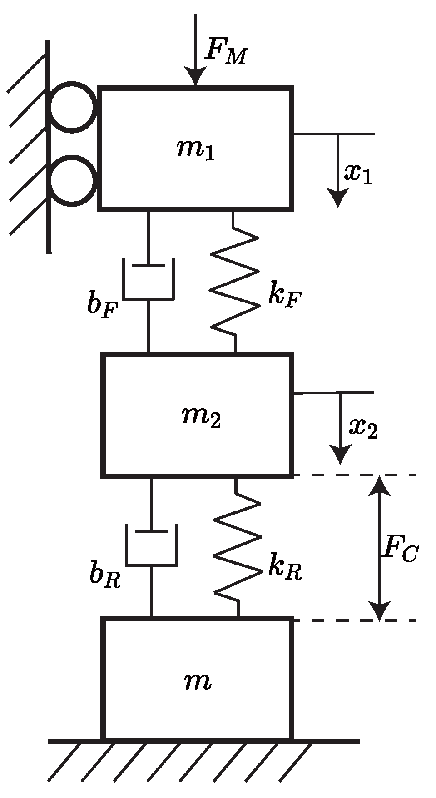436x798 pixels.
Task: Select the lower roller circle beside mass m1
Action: click(72, 180)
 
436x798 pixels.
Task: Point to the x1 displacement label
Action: click(358, 173)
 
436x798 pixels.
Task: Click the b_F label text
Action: click(103, 305)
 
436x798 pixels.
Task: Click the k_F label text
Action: click(284, 296)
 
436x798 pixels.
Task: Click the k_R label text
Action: click(284, 567)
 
